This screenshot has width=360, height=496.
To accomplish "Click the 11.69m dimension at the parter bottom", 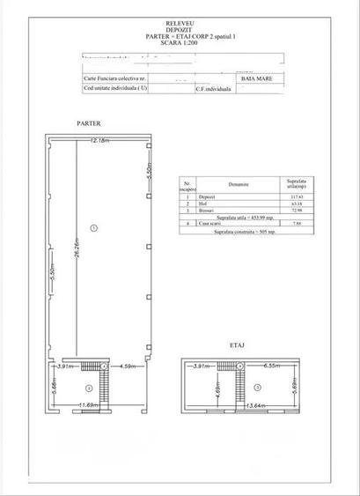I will (x=88, y=405).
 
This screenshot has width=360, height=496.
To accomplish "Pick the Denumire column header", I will (x=235, y=185).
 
